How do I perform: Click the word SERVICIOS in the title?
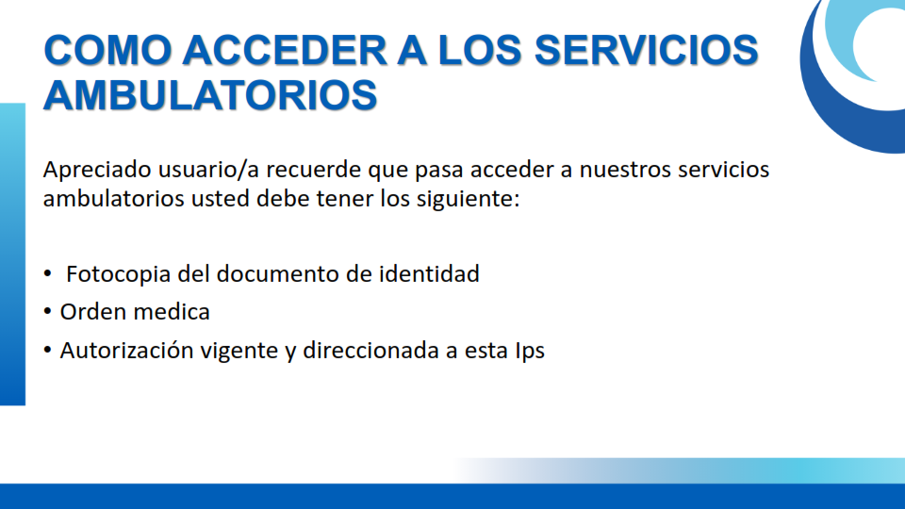646,50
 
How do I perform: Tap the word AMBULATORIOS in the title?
210,94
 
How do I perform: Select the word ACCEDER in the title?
285,50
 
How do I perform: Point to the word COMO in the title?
107,50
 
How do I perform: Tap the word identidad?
429,273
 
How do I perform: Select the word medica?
167,312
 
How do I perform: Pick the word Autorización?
126,351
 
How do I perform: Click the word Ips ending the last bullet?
530,352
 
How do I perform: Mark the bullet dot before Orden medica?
47,313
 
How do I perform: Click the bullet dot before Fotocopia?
47,274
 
